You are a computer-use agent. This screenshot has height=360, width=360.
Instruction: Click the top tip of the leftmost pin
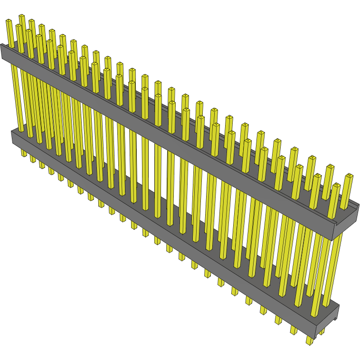click(9, 21)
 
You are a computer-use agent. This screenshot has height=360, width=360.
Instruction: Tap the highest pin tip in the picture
click(21, 17)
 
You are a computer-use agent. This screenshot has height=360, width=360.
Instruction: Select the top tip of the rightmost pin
click(350, 176)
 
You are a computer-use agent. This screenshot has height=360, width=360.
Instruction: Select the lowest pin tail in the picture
click(310, 341)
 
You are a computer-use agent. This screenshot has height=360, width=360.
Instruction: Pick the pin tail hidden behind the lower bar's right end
click(322, 331)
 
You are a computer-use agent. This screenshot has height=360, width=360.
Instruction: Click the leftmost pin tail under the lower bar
click(23, 153)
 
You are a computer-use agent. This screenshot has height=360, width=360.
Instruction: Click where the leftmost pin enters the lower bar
click(20, 129)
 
